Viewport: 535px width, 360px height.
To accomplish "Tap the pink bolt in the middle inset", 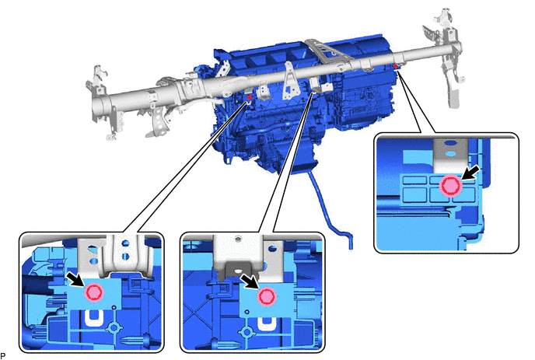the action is (267, 296).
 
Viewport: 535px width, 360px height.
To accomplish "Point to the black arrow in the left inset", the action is (75, 278).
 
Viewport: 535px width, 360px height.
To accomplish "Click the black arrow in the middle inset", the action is (249, 281).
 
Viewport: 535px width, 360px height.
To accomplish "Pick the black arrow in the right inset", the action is (471, 173).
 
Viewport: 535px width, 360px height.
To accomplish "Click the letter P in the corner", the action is (3, 355).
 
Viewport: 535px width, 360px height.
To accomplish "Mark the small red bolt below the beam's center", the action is (250, 98).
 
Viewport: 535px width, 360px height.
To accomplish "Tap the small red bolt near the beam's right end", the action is (396, 66).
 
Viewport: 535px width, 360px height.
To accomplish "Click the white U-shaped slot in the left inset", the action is (93, 317).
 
